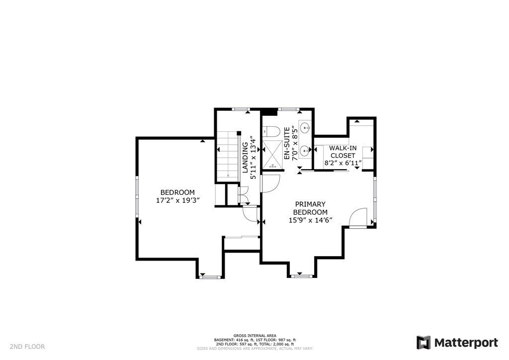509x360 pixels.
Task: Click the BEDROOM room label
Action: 177,192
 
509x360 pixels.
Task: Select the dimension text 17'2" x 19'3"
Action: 177,201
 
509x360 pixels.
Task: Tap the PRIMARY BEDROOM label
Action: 310,208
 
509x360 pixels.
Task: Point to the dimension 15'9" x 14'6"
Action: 310,220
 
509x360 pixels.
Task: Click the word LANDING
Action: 245,158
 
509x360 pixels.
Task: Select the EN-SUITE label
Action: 287,144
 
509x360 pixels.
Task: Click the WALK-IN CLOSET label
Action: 342,152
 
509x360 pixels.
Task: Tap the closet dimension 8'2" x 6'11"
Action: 342,163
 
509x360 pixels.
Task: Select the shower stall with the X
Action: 271,155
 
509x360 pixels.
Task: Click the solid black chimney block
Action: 269,112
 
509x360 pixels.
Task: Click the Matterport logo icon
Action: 424,343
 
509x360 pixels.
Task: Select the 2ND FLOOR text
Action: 27,347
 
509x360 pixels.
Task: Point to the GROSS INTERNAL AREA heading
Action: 254,336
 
